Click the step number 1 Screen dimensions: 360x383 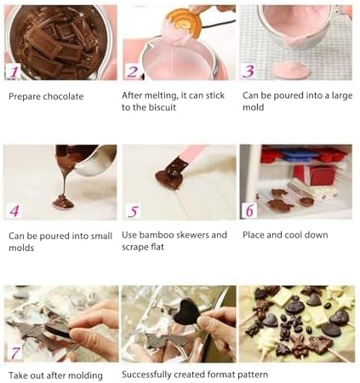14,71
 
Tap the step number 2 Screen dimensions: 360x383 133,71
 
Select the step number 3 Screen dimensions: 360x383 249,71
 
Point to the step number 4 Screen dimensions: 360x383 14,211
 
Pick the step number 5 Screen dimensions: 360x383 134,211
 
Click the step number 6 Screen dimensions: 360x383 249,210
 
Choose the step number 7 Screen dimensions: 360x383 15,353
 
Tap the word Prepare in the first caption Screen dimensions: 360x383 24,96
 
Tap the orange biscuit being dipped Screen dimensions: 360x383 185,21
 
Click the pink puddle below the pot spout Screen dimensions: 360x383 290,70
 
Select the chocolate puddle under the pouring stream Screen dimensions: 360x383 64,202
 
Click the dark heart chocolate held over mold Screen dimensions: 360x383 187,312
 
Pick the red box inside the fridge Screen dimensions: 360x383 322,175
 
